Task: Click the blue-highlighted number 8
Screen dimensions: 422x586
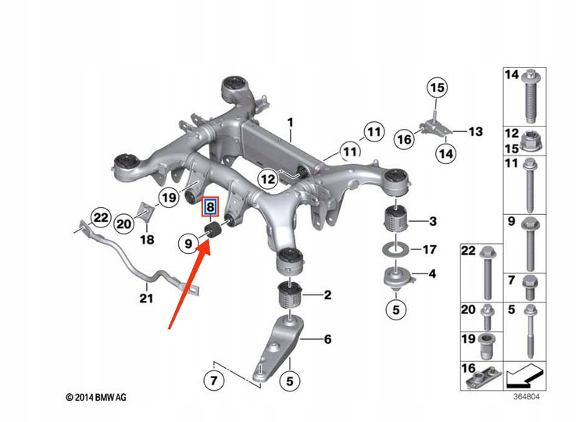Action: coord(209,208)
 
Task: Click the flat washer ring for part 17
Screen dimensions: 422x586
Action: coord(395,251)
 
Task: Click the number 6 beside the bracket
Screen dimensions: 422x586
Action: coord(327,339)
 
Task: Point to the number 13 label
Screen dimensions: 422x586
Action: coord(477,132)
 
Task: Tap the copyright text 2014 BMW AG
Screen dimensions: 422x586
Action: coord(95,398)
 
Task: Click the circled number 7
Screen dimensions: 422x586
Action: coord(213,382)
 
